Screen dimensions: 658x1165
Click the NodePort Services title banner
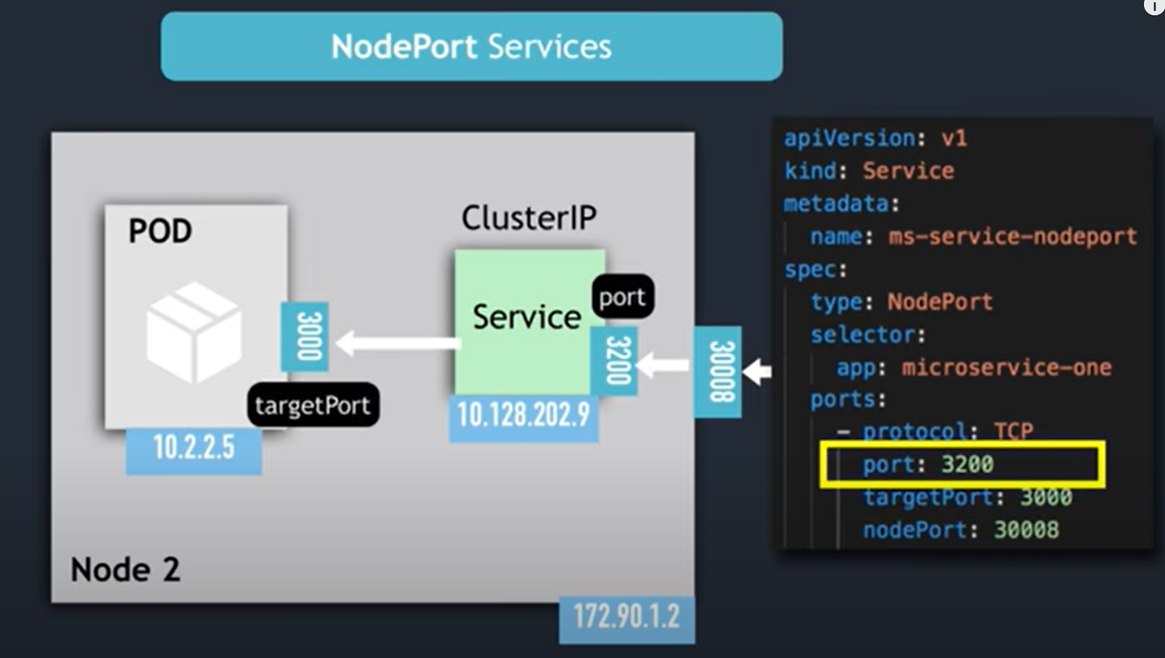[471, 46]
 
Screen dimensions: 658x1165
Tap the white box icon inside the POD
[193, 332]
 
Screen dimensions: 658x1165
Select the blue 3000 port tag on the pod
[305, 336]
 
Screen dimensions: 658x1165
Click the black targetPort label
[312, 405]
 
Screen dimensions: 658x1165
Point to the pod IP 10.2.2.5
[193, 448]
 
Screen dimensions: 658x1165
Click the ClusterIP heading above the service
[529, 218]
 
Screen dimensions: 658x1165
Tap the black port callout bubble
[622, 297]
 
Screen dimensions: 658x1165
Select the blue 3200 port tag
[614, 360]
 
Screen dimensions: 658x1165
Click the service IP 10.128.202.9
[523, 415]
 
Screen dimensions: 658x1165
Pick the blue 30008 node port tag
[718, 371]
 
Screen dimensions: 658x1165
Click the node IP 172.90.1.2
[626, 617]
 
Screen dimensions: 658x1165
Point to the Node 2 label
[125, 569]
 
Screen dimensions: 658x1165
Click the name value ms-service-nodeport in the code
[1012, 237]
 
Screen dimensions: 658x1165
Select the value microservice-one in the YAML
[1006, 367]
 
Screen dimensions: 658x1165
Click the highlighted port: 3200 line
[962, 464]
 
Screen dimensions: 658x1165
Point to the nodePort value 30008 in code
[1026, 529]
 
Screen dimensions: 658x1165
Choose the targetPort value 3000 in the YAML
[1045, 497]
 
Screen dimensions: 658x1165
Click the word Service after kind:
[908, 171]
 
